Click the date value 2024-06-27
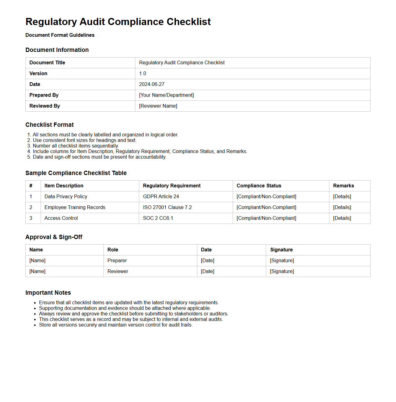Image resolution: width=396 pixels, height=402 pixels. pyautogui.click(x=152, y=84)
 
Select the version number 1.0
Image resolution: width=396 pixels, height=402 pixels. pyautogui.click(x=143, y=74)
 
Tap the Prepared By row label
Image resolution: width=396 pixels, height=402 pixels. pyautogui.click(x=44, y=95)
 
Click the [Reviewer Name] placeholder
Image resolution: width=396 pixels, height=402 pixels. pyautogui.click(x=158, y=106)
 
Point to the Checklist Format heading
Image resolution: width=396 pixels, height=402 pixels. pyautogui.click(x=50, y=125)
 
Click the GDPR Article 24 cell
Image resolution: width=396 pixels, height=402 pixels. pyautogui.click(x=161, y=197)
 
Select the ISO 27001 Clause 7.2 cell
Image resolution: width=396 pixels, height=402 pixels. pyautogui.click(x=167, y=207)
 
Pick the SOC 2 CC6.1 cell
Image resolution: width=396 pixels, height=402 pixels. pyautogui.click(x=158, y=218)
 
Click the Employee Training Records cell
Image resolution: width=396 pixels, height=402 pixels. pyautogui.click(x=75, y=207)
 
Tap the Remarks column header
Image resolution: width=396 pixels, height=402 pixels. pyautogui.click(x=343, y=186)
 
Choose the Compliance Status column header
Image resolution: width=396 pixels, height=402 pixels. pyautogui.click(x=259, y=186)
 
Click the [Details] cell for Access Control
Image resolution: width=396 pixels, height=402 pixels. pyautogui.click(x=342, y=218)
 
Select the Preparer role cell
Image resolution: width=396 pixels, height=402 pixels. pyautogui.click(x=117, y=261)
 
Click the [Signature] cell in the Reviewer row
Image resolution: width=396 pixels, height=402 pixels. pyautogui.click(x=282, y=272)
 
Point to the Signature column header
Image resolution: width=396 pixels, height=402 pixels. pyautogui.click(x=281, y=250)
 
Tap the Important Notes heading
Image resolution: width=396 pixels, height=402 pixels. pyautogui.click(x=48, y=293)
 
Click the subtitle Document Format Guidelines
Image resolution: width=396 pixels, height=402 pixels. pyautogui.click(x=60, y=35)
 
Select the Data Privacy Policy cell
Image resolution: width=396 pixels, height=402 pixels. pyautogui.click(x=66, y=197)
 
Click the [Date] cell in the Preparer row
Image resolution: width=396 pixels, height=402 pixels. pyautogui.click(x=207, y=261)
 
